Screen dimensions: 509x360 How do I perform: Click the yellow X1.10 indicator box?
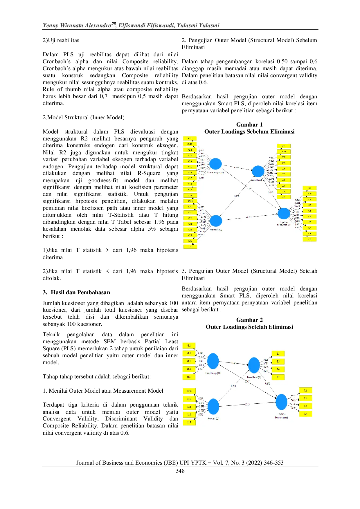(190, 144)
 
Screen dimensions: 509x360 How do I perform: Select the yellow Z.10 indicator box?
(284, 151)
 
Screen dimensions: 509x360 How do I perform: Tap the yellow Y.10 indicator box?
(309, 194)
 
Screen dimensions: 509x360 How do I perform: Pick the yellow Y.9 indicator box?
(309, 239)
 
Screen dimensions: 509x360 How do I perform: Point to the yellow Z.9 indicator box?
(284, 197)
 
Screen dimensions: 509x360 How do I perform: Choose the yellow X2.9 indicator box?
(190, 247)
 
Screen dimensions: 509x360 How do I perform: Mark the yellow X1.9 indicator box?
(190, 189)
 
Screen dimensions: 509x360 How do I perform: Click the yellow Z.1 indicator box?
(284, 146)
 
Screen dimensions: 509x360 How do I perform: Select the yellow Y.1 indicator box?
(309, 188)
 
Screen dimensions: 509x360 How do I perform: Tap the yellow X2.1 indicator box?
(190, 195)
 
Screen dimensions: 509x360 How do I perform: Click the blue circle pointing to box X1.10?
(215, 164)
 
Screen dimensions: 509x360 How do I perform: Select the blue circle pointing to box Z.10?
(258, 171)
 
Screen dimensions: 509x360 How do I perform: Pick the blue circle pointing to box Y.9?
(284, 214)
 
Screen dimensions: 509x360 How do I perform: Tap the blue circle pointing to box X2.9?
(215, 221)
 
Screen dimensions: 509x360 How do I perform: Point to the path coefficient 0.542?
(233, 363)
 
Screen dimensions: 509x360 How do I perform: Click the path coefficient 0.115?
(247, 404)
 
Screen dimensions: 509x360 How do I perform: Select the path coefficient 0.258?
(233, 386)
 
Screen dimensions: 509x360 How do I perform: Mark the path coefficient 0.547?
(247, 381)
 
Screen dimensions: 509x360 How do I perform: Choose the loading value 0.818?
(201, 365)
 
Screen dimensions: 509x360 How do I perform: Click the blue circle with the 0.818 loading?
(213, 361)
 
